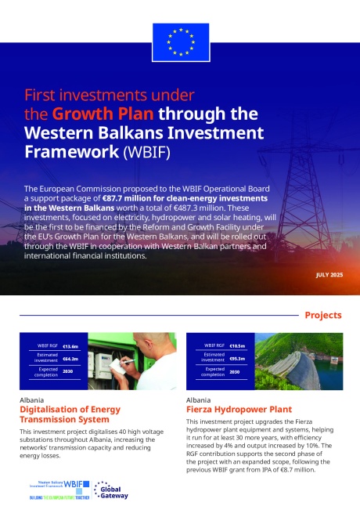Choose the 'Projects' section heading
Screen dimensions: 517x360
(322, 315)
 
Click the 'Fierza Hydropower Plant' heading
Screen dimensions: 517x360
(229, 409)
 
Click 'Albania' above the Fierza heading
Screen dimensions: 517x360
(199, 399)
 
